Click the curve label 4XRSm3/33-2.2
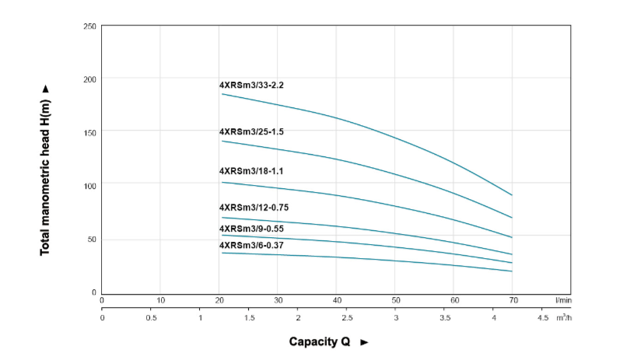point(251,85)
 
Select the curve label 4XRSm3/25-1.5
point(251,132)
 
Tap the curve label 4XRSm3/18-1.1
point(251,171)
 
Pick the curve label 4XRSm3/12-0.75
point(254,208)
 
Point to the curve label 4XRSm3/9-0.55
point(251,229)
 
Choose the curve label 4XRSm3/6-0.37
point(251,246)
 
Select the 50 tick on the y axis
point(91,239)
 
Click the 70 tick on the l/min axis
point(513,300)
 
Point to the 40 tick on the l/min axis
point(337,300)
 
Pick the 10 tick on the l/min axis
point(160,300)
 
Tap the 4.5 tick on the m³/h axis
point(543,318)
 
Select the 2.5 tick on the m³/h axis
point(347,318)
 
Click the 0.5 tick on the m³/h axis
point(151,318)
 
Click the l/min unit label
point(563,300)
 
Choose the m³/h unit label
point(564,318)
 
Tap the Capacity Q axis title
point(327,341)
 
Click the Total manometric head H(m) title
point(45,169)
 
